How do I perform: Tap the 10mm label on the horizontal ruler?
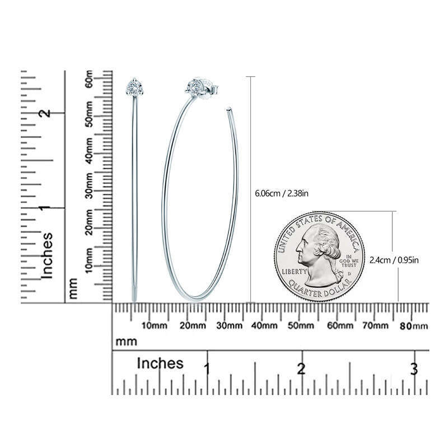[155, 326]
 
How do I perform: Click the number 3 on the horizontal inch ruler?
[413, 370]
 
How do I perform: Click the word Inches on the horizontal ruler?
[160, 363]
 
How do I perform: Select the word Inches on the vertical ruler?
[48, 255]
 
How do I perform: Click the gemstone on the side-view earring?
[134, 87]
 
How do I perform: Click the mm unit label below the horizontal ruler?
[127, 341]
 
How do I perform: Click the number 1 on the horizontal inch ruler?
[207, 370]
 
